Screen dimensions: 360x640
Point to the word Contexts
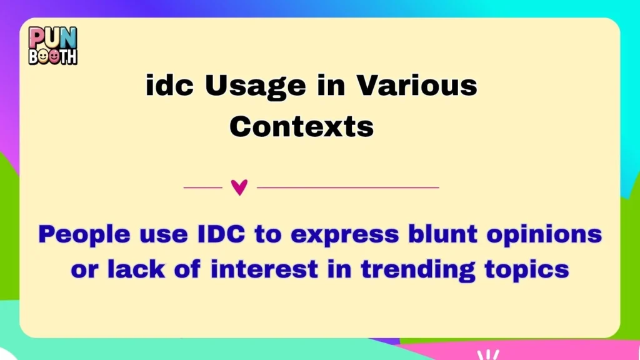point(301,127)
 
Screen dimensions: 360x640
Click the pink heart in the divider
point(239,187)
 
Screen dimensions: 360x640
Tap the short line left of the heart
point(203,187)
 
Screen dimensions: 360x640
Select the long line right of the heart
point(348,187)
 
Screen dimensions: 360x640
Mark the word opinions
point(548,236)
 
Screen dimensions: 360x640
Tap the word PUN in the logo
point(53,37)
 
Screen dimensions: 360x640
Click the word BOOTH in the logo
point(53,56)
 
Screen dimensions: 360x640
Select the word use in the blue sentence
point(152,236)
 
